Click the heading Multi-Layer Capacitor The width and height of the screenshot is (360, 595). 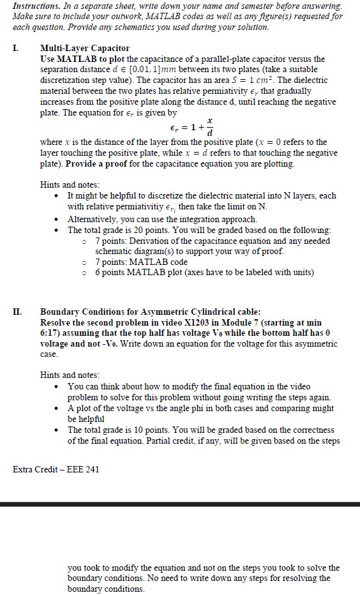84,49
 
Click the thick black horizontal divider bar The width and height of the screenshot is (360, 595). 180,504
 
